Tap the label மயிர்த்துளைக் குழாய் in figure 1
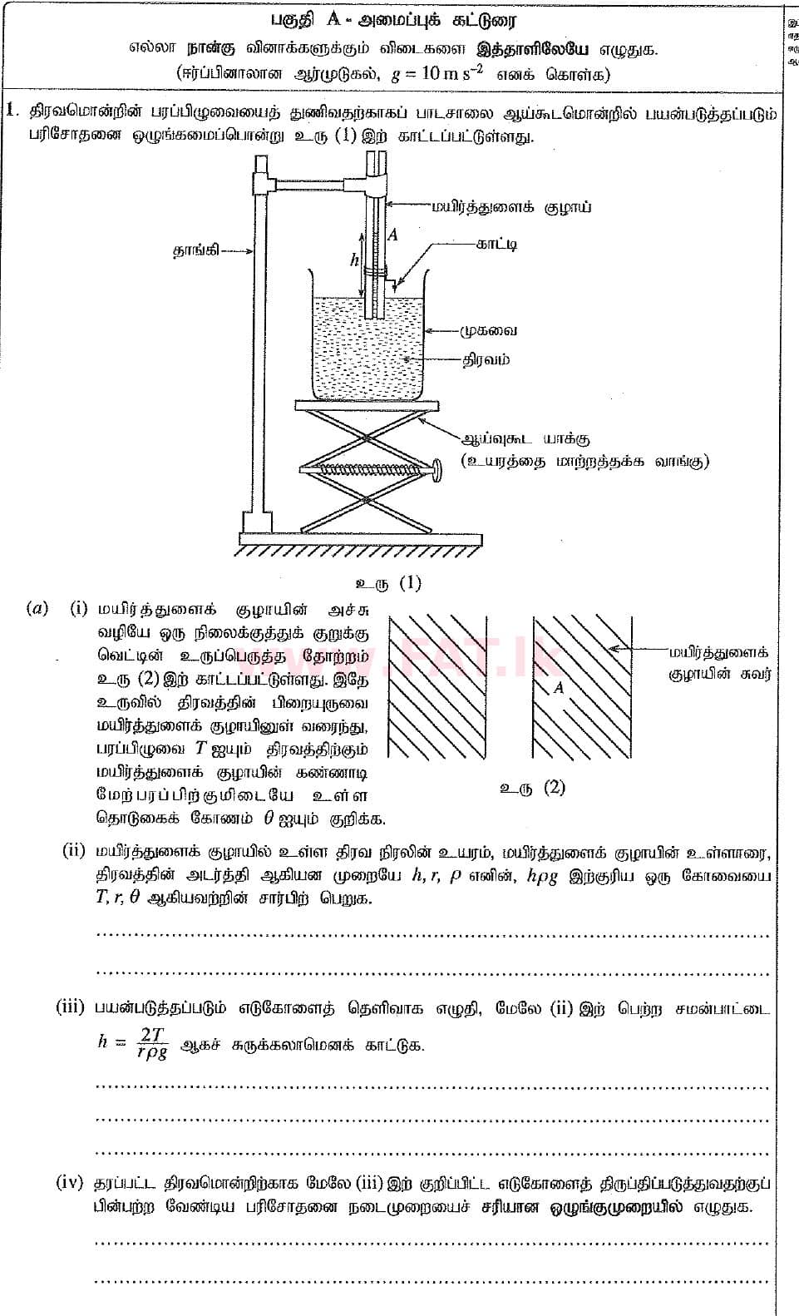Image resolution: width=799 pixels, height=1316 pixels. click(510, 206)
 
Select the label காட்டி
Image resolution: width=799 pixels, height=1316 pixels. click(496, 244)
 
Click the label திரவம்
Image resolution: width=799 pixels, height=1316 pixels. click(487, 359)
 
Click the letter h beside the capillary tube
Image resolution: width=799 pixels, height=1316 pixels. click(355, 260)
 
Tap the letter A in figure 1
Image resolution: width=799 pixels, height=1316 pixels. click(392, 235)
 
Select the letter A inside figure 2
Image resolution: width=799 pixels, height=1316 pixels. click(559, 688)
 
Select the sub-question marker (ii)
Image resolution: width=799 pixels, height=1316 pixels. click(75, 850)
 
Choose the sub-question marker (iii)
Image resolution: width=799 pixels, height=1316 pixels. click(71, 1007)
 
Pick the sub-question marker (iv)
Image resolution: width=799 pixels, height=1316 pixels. click(70, 1181)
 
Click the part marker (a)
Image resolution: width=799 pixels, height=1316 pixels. click(37, 608)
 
